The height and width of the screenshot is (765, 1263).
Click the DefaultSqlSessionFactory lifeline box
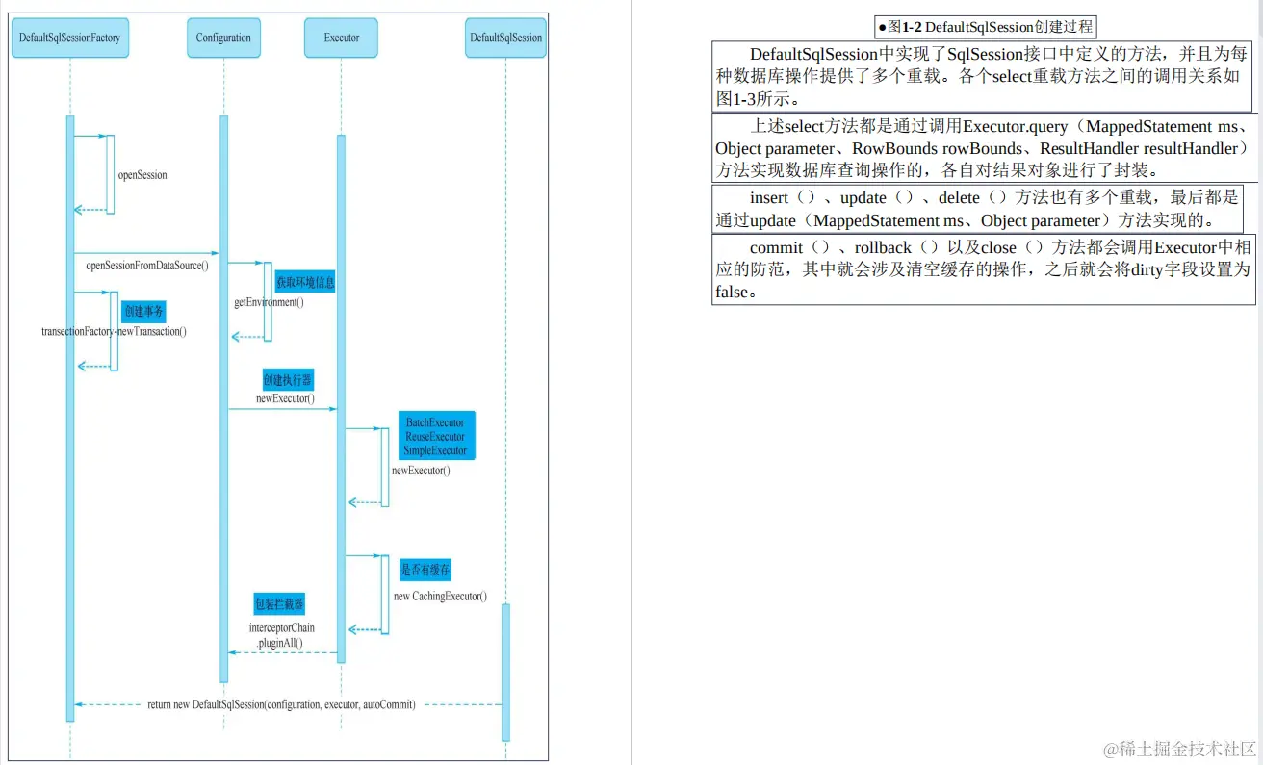[x=70, y=38]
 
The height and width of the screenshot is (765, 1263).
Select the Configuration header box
[x=223, y=38]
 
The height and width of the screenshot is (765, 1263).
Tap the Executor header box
[x=342, y=38]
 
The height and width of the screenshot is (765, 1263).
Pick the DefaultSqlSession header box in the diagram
[x=505, y=38]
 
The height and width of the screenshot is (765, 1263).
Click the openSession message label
[x=142, y=175]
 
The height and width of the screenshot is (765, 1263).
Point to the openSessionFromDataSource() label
[x=147, y=265]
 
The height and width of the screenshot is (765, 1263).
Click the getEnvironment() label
[x=269, y=302]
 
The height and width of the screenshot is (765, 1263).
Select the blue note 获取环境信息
[x=305, y=282]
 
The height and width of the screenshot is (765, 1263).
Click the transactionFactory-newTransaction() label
[x=114, y=331]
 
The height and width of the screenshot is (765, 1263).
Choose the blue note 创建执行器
[x=288, y=379]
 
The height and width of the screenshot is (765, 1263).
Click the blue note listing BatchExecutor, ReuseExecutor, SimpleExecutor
[x=435, y=436]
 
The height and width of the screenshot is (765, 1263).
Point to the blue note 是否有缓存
[x=425, y=569]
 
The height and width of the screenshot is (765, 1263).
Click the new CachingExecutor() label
[x=440, y=597]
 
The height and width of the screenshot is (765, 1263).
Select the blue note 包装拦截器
[x=279, y=604]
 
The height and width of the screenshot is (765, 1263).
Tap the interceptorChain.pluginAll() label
[x=281, y=635]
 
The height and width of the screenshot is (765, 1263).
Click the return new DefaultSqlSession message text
[x=281, y=704]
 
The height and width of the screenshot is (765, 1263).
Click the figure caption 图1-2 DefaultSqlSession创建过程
[x=985, y=27]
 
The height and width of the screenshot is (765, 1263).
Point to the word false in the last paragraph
[x=732, y=292]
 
